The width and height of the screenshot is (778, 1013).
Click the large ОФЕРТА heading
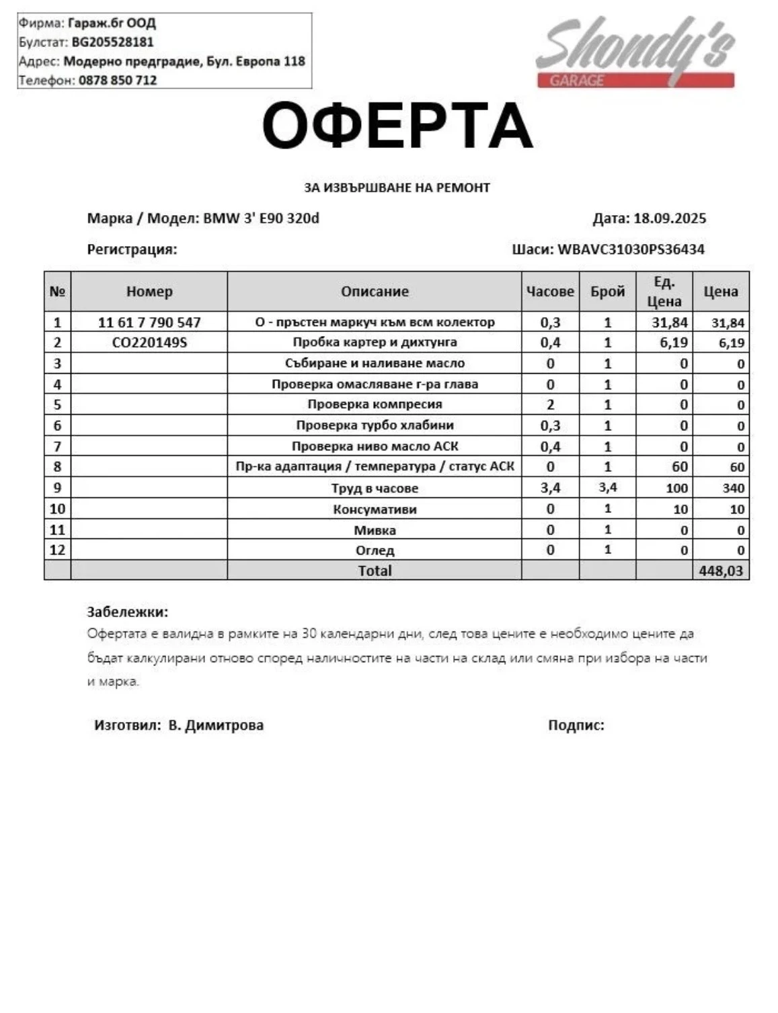[x=397, y=126]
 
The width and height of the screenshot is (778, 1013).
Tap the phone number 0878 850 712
[x=118, y=80]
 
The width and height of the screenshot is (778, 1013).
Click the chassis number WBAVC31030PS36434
[x=631, y=249]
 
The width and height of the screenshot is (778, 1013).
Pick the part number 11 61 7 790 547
[x=149, y=322]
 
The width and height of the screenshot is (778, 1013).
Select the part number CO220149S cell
[x=149, y=342]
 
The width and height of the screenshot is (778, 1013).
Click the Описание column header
[x=375, y=291]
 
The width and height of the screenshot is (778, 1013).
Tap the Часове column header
[x=550, y=291]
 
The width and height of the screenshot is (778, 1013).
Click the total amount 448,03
[x=721, y=571]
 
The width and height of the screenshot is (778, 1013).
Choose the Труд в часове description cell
[x=375, y=488]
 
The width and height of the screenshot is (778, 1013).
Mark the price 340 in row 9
[x=733, y=488]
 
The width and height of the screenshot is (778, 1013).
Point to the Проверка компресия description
[x=375, y=404]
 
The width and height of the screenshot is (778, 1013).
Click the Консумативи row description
[x=375, y=509]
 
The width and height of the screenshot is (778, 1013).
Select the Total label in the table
[x=375, y=571]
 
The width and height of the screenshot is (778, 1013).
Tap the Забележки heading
[x=128, y=612]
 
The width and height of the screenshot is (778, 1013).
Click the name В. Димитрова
[x=216, y=725]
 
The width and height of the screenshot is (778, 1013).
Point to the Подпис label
[x=576, y=725]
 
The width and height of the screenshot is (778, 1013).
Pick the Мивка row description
[x=375, y=530]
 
